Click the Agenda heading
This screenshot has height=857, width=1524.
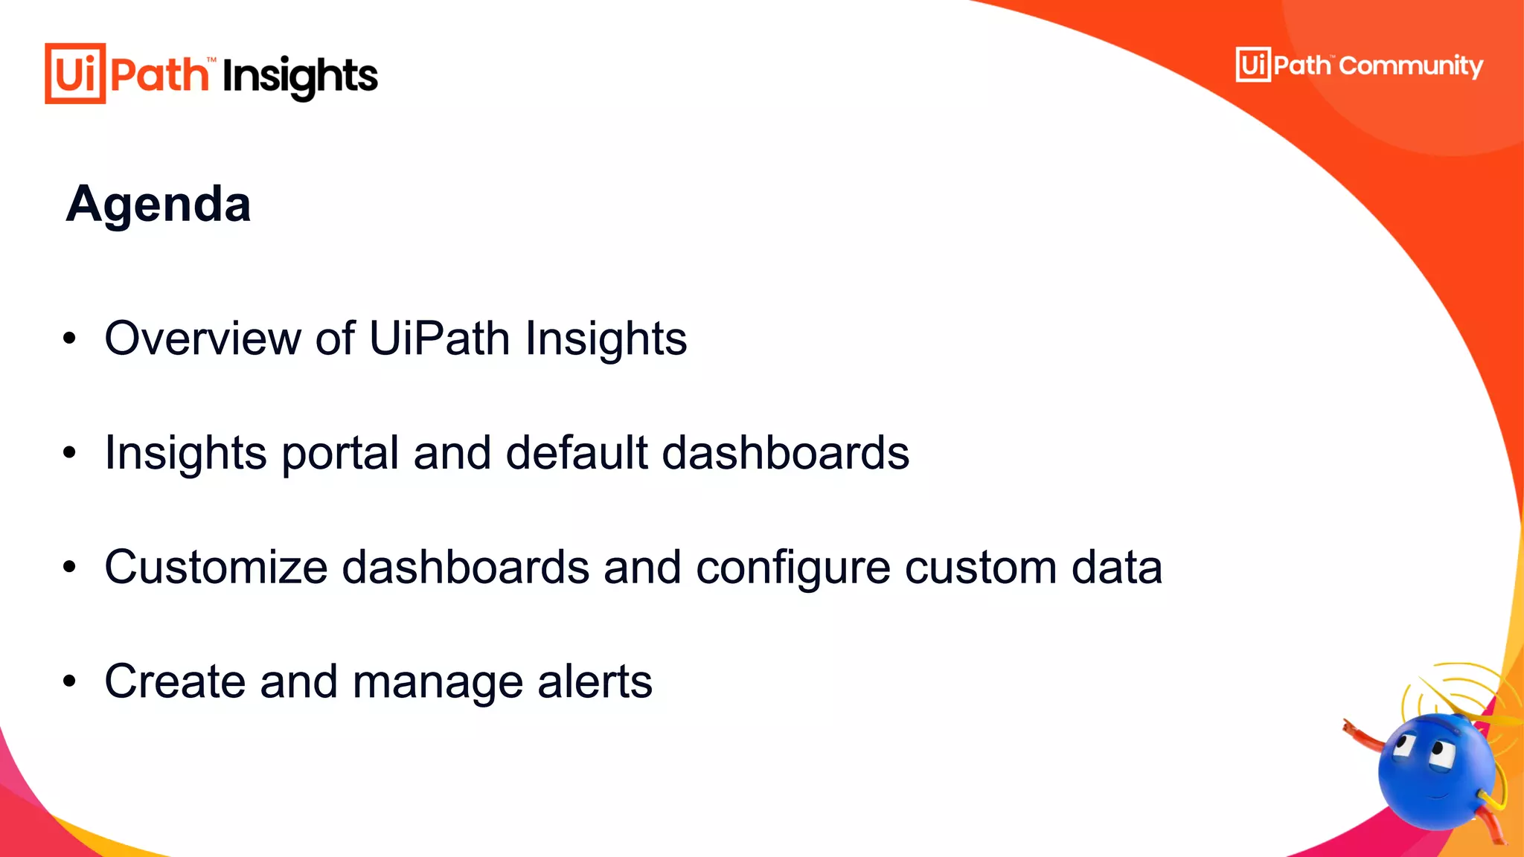(159, 204)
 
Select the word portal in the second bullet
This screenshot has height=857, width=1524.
(340, 454)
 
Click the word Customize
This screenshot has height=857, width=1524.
(216, 568)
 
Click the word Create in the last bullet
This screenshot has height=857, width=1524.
(175, 681)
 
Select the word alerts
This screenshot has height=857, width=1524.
(595, 681)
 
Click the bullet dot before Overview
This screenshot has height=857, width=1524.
(70, 338)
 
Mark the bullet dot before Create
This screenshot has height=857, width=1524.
(70, 681)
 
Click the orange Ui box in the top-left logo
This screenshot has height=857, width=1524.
(75, 74)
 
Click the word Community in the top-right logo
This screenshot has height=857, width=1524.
(1411, 66)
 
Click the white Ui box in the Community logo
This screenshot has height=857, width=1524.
(1253, 65)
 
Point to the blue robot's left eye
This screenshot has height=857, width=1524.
(1405, 744)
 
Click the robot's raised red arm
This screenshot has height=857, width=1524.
(1365, 736)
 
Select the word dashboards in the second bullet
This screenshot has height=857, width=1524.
(785, 452)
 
